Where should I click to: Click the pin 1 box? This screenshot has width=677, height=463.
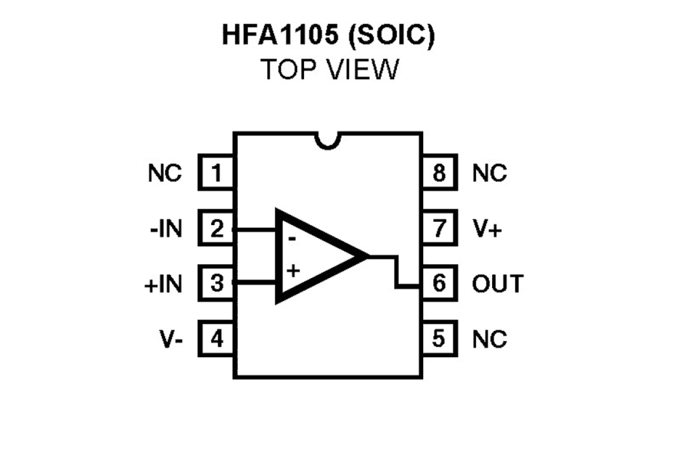(216, 173)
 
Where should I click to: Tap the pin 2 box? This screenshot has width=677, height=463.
(216, 229)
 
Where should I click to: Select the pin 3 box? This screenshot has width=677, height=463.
(216, 283)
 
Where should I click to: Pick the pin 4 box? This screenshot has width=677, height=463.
(216, 339)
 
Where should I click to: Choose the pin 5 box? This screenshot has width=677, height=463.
(439, 339)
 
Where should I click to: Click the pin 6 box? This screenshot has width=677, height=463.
(439, 283)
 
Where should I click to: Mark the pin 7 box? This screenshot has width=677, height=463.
(439, 229)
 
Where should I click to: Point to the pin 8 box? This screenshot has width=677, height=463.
(439, 173)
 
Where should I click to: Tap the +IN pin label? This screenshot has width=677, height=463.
(163, 284)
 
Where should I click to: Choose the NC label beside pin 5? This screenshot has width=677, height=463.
(489, 339)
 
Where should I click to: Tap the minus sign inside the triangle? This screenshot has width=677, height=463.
(291, 237)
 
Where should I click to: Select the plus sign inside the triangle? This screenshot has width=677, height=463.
(293, 270)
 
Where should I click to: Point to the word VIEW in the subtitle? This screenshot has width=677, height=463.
(363, 70)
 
